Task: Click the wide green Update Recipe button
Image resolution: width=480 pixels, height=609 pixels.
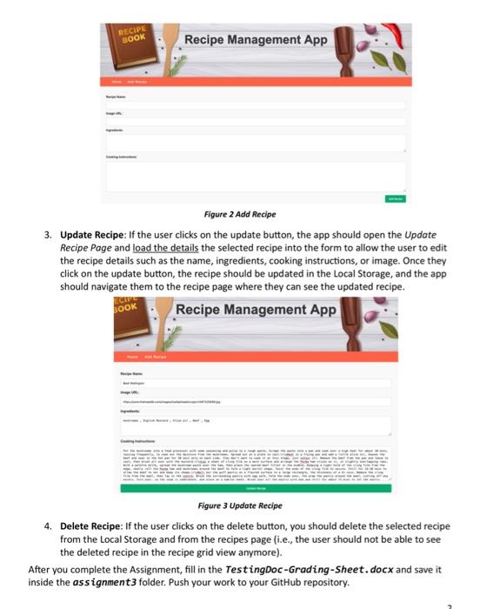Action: [257, 489]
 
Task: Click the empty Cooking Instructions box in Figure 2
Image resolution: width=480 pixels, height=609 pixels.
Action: [257, 177]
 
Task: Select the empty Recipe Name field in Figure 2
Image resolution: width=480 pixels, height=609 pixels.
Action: [257, 104]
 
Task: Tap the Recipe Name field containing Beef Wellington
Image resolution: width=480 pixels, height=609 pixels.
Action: [257, 382]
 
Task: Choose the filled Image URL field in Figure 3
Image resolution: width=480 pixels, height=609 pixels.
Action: [257, 403]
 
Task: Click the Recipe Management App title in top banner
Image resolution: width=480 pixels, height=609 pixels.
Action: [256, 39]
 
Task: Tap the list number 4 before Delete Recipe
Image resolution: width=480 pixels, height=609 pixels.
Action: [49, 527]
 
